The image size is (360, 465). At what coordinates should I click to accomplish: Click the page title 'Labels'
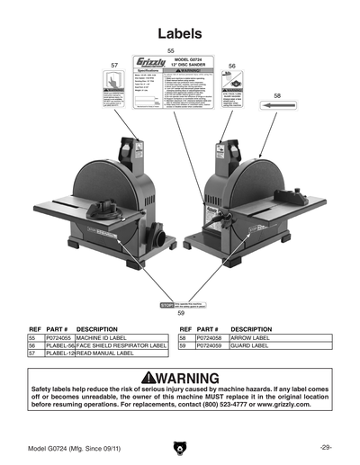click(x=180, y=33)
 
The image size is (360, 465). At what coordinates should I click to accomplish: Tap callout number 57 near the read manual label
click(x=114, y=66)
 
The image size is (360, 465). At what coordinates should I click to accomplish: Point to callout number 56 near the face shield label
click(x=231, y=67)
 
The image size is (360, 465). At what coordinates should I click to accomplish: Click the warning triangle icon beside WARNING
click(x=138, y=375)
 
